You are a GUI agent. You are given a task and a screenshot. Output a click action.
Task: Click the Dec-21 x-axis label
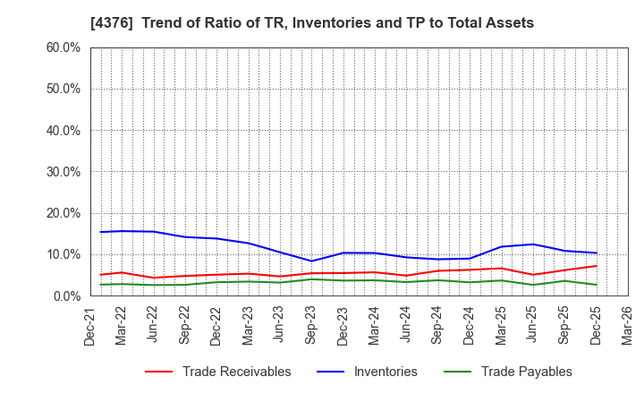click(90, 328)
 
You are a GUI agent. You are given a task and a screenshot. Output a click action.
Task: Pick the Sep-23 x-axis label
click(311, 328)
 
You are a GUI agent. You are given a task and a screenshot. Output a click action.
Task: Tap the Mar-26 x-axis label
click(628, 328)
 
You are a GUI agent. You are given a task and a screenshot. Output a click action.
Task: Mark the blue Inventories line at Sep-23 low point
click(311, 261)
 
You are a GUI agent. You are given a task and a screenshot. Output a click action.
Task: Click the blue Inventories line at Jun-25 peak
click(533, 244)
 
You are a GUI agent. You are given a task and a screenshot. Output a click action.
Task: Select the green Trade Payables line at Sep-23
click(311, 279)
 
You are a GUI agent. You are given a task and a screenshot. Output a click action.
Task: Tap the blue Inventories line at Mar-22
click(122, 231)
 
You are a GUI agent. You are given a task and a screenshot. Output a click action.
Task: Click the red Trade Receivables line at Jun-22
click(153, 278)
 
